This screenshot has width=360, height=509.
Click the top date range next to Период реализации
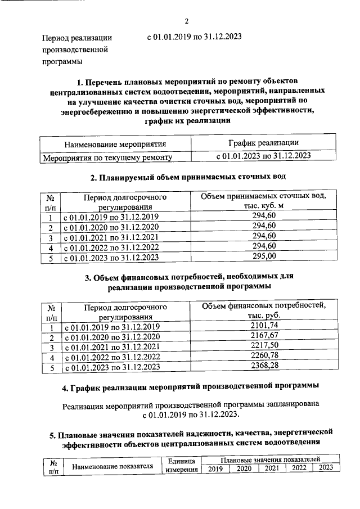(x=194, y=37)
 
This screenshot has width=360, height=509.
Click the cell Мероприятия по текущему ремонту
(x=107, y=157)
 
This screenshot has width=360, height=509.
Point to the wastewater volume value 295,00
(x=264, y=256)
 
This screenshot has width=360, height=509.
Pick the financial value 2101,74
(x=264, y=326)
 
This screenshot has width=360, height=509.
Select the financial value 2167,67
(x=264, y=336)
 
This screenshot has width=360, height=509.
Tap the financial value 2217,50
(x=264, y=346)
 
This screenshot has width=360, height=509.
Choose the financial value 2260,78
(x=264, y=356)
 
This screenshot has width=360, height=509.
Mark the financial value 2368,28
(x=264, y=366)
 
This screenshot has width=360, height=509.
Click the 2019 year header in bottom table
(x=215, y=469)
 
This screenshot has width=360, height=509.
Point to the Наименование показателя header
(x=112, y=466)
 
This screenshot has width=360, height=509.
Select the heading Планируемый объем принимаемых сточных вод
(x=188, y=176)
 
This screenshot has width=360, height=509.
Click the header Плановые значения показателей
(x=270, y=460)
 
